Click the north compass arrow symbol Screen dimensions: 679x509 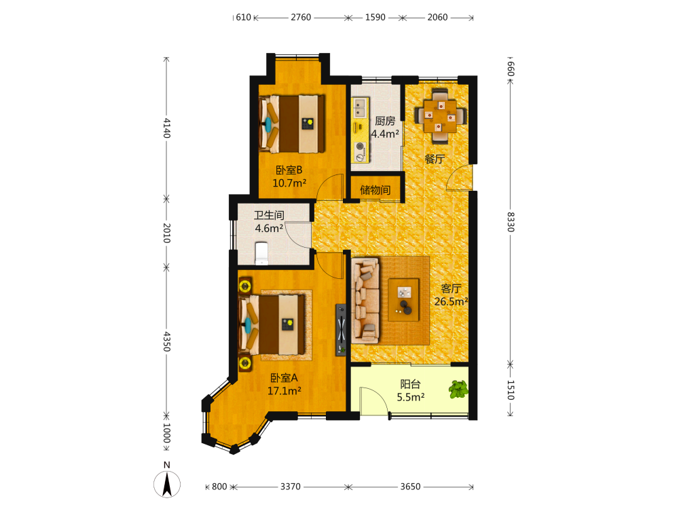[167, 485]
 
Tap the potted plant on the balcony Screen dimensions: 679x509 [458, 389]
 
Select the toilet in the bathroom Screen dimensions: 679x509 [261, 253]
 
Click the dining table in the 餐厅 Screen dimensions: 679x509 [440, 116]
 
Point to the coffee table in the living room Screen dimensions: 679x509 [403, 299]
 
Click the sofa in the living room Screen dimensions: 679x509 [366, 301]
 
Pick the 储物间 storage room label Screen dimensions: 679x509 [375, 190]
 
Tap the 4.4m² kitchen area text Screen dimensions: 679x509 [385, 134]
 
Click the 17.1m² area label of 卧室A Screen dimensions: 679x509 [284, 391]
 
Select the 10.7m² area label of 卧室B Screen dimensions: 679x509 [289, 183]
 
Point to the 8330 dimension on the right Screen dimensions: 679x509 [511, 222]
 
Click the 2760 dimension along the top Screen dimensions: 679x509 [301, 18]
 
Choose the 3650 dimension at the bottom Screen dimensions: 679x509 [410, 487]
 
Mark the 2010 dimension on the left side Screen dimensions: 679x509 [167, 233]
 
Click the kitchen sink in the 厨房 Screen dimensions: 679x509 [360, 107]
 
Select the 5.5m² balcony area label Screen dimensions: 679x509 [411, 397]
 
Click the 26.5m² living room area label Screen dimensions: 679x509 [452, 302]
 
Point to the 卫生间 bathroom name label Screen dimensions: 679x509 [269, 215]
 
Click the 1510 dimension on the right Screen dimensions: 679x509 [511, 390]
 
